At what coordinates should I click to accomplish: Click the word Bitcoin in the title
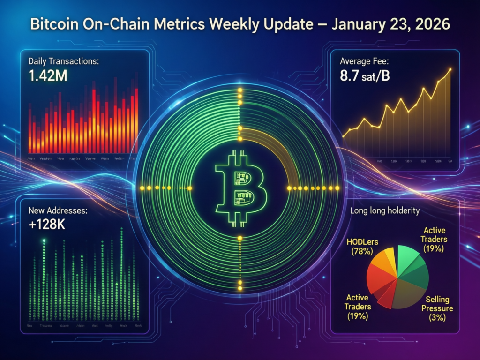[52, 25]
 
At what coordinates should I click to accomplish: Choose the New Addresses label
[58, 211]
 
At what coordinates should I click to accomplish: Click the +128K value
[46, 225]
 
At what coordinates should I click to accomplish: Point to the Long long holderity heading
[384, 211]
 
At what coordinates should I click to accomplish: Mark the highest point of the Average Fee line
[450, 70]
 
